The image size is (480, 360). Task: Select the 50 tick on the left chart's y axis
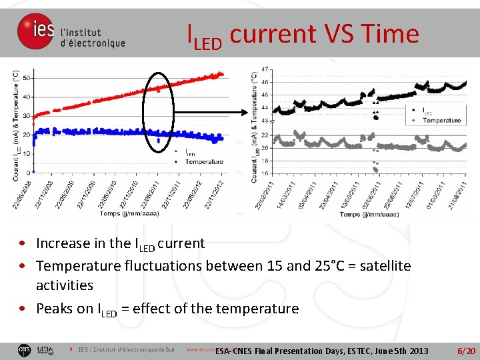point(26,78)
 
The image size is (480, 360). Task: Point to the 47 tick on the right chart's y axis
point(265,69)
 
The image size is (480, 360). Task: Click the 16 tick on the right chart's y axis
point(265,173)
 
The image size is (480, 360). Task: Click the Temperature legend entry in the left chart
point(204,162)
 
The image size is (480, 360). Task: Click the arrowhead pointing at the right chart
point(247,112)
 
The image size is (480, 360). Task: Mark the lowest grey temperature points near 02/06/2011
point(377,169)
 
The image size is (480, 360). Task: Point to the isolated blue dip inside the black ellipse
point(158,141)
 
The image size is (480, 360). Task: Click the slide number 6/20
point(465,351)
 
